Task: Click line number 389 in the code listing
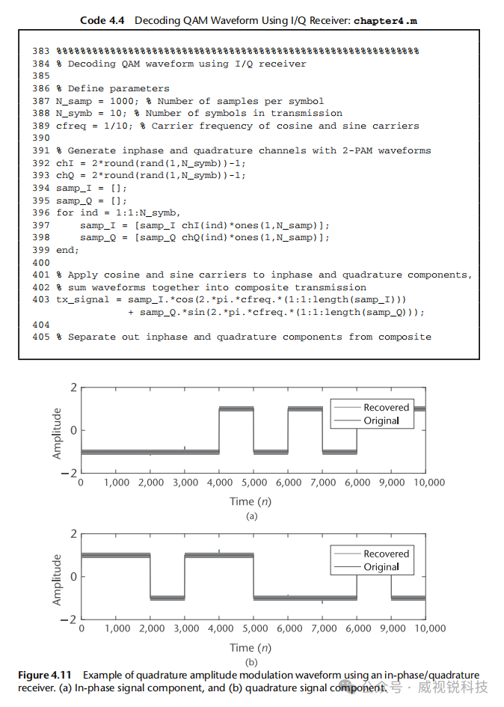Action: pyautogui.click(x=41, y=126)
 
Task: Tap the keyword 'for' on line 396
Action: pyautogui.click(x=64, y=212)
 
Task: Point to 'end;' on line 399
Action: pyautogui.click(x=67, y=250)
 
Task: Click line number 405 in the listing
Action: pyautogui.click(x=41, y=337)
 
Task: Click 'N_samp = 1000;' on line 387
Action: pyautogui.click(x=96, y=101)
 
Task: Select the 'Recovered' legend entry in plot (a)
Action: pyautogui.click(x=386, y=408)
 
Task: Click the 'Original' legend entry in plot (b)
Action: pyautogui.click(x=381, y=567)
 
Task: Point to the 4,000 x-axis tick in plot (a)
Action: pyautogui.click(x=219, y=483)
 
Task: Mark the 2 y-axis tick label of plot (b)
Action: pyautogui.click(x=73, y=533)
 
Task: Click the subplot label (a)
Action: pyautogui.click(x=251, y=516)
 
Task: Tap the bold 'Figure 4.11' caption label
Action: pyautogui.click(x=45, y=675)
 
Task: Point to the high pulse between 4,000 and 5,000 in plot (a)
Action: pyautogui.click(x=236, y=409)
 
